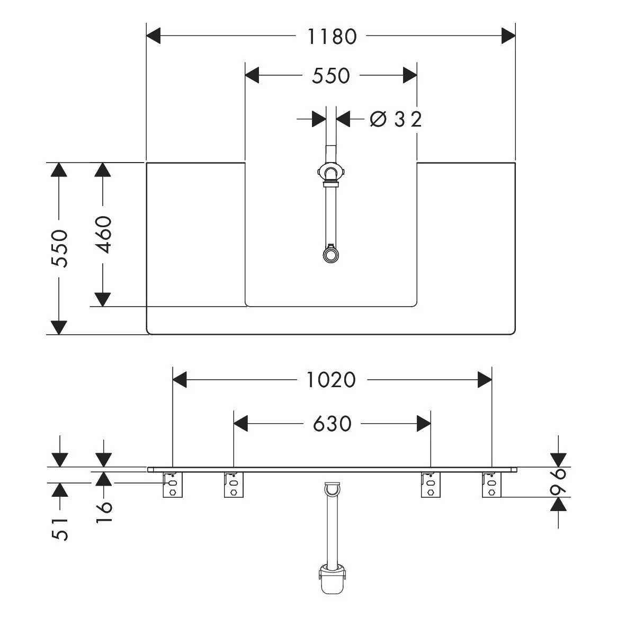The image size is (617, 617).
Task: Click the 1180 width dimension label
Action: [332, 37]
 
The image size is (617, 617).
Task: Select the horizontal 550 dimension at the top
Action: [330, 76]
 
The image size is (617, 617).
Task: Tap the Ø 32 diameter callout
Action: [396, 119]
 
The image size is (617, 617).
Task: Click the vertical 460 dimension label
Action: [104, 235]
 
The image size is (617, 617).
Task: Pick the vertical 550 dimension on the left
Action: [60, 248]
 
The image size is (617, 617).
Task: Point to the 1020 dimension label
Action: [331, 380]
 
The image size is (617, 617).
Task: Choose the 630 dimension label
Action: [332, 424]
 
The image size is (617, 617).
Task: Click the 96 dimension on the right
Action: [558, 481]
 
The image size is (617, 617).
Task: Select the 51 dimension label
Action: [60, 530]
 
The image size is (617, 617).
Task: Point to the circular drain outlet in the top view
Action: [330, 254]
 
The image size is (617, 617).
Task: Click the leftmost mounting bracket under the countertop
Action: [173, 485]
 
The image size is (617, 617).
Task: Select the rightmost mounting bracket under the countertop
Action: [492, 485]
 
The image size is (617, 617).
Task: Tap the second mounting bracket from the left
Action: [234, 485]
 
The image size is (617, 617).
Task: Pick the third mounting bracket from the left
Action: [431, 485]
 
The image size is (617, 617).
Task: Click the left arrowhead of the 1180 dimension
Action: [153, 36]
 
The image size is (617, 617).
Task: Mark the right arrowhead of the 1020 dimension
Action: [485, 380]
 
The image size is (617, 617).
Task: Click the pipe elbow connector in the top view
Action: [330, 174]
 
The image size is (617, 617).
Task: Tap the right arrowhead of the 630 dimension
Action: [424, 423]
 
